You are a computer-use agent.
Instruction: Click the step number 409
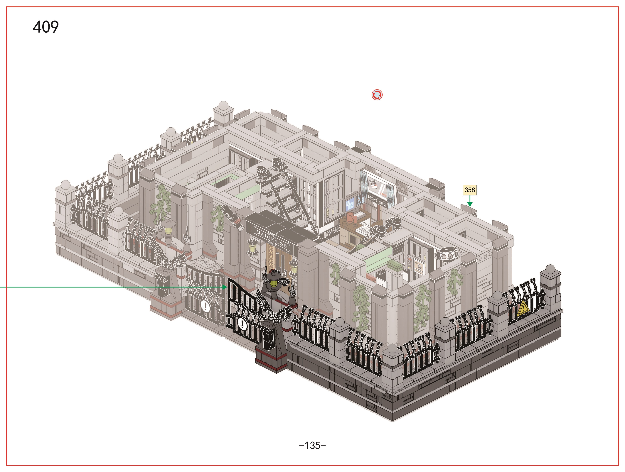[x=46, y=27]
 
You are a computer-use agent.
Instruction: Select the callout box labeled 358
[x=470, y=190]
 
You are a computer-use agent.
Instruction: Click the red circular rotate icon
[x=377, y=95]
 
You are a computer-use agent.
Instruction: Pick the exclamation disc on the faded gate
[x=205, y=306]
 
